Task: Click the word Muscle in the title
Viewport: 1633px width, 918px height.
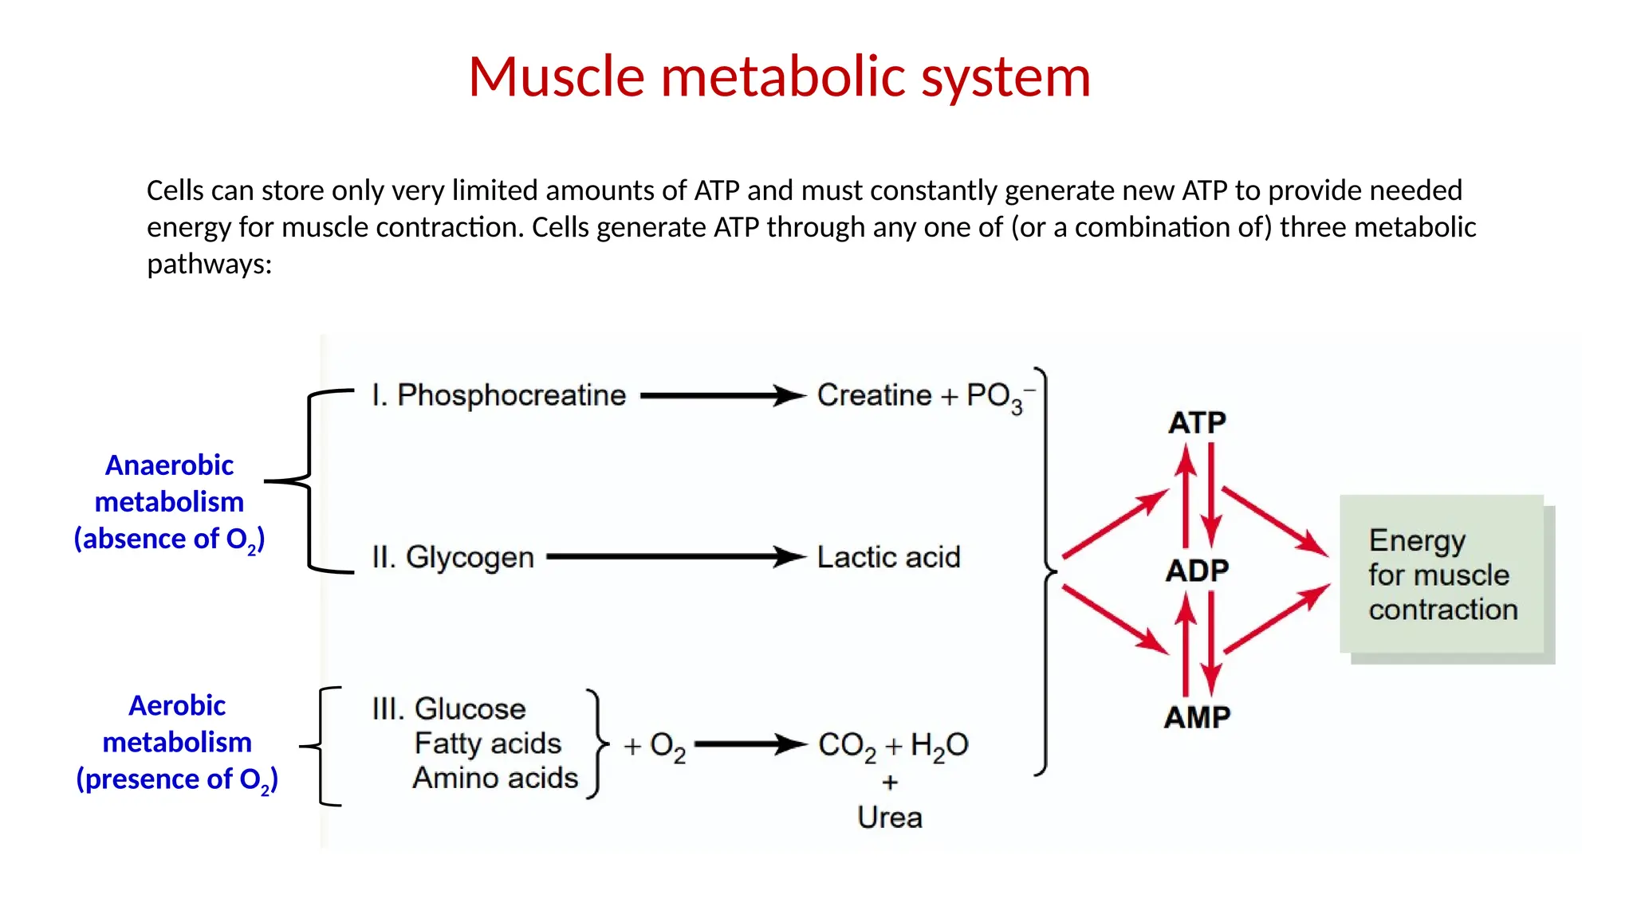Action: click(556, 77)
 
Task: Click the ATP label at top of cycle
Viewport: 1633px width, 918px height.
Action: click(1197, 422)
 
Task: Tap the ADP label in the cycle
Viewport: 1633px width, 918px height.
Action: click(1197, 571)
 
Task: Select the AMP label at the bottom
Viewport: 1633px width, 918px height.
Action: click(1197, 717)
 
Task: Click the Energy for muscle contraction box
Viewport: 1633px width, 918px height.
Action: click(1442, 575)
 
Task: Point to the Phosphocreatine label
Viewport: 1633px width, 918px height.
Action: click(511, 395)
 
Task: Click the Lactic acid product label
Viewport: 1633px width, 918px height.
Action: click(888, 557)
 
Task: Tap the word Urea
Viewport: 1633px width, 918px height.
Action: click(890, 818)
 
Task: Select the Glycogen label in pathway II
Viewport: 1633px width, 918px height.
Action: click(469, 557)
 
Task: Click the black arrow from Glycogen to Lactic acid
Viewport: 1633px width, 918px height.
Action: click(674, 556)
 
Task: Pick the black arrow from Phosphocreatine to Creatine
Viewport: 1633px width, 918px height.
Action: click(722, 395)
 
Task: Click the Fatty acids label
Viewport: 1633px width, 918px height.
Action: click(487, 743)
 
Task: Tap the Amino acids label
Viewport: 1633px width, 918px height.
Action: click(495, 778)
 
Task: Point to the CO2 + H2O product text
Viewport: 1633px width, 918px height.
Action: click(893, 746)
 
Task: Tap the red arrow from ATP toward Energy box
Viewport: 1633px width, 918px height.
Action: click(1274, 521)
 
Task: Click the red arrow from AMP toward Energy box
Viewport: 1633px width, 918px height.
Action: click(1276, 619)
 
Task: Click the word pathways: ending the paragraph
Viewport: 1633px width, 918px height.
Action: click(210, 264)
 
